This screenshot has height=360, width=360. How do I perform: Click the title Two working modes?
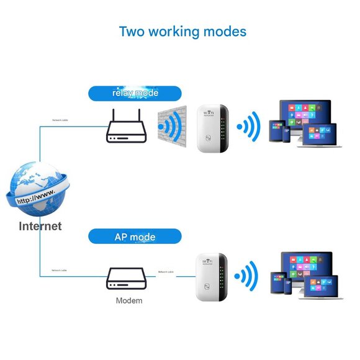tap(182, 31)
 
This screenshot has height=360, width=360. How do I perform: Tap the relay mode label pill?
tap(135, 93)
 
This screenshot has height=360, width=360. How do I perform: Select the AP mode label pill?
tap(135, 236)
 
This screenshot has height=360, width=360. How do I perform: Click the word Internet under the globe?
tap(40, 226)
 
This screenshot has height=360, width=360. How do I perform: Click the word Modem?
tap(129, 300)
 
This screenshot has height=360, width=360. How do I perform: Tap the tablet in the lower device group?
tap(279, 282)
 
